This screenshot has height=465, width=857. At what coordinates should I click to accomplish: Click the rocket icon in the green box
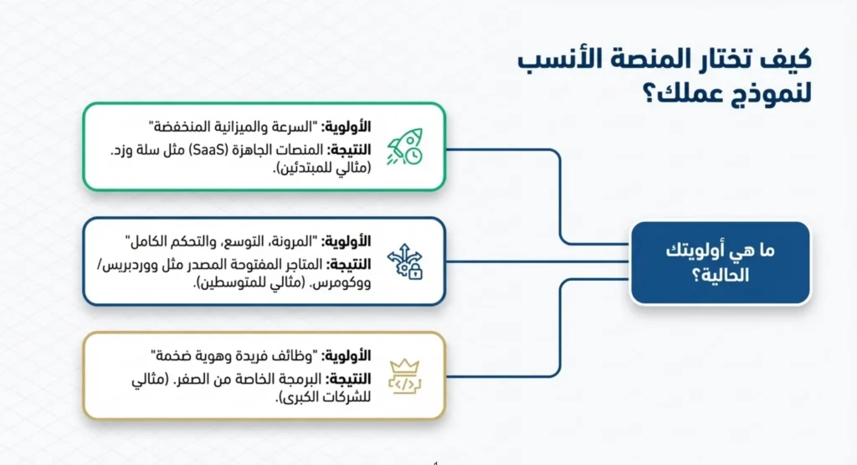[404, 147]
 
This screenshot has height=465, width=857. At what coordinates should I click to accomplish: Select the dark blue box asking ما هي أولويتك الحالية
[720, 262]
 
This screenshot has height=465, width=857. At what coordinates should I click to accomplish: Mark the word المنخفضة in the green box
[185, 127]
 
